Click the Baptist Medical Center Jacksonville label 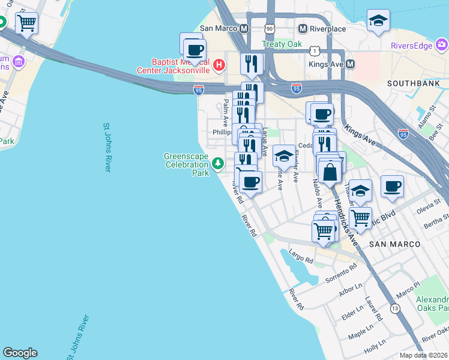180,65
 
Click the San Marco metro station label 220,28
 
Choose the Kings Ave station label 327,64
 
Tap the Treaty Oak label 282,44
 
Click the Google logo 20,353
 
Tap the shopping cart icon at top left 26,23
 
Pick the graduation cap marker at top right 378,22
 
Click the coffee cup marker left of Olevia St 392,187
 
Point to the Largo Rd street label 301,256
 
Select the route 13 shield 394,308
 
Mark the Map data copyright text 424,355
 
